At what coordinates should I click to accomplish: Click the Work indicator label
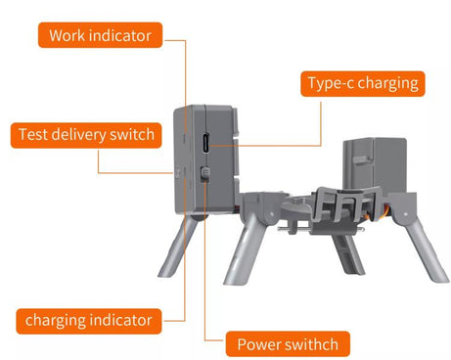point(100,35)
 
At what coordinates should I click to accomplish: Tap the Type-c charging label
point(363,83)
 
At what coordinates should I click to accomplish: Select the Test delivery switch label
point(86,135)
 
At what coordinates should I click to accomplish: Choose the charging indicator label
point(89,321)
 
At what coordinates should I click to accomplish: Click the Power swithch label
point(288,344)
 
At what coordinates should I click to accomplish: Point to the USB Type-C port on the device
point(206,143)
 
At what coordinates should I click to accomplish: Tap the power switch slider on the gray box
point(204,173)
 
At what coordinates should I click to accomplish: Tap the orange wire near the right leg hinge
point(386,211)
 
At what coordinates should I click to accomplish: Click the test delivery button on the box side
point(178,172)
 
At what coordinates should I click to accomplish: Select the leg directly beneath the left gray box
point(179,247)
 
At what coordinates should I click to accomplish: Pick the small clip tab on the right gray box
point(362,160)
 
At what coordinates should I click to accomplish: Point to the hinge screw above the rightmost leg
point(405,214)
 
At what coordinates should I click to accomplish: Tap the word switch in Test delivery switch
point(132,135)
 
